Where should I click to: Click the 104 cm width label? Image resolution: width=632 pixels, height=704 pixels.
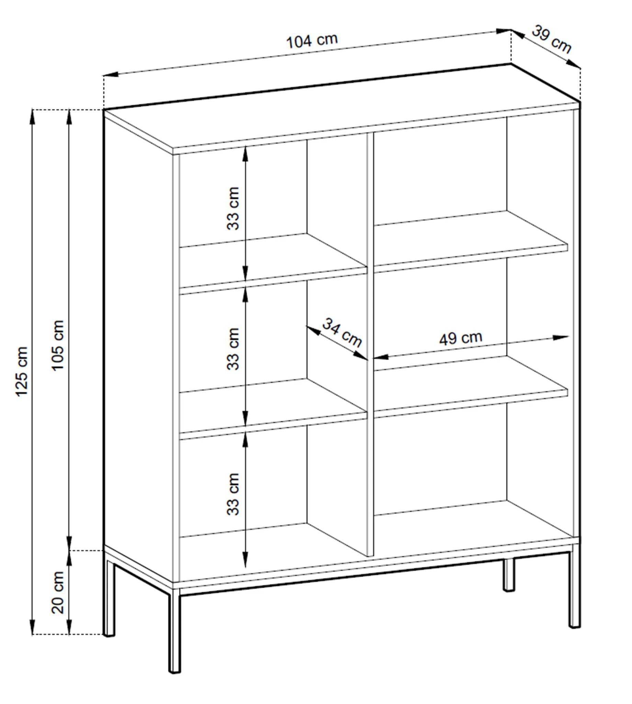click(312, 41)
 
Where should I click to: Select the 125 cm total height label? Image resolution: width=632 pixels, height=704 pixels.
click(22, 371)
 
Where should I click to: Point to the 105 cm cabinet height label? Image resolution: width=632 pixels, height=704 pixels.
click(58, 345)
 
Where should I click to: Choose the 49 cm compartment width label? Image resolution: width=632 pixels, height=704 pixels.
click(461, 338)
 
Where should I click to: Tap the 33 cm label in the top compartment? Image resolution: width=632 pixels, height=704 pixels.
click(233, 209)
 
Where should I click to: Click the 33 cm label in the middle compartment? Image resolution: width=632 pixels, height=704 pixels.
click(233, 349)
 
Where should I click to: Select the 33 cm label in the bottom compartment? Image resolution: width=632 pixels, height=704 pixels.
click(233, 494)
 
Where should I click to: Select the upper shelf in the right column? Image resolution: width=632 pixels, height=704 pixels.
click(471, 241)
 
